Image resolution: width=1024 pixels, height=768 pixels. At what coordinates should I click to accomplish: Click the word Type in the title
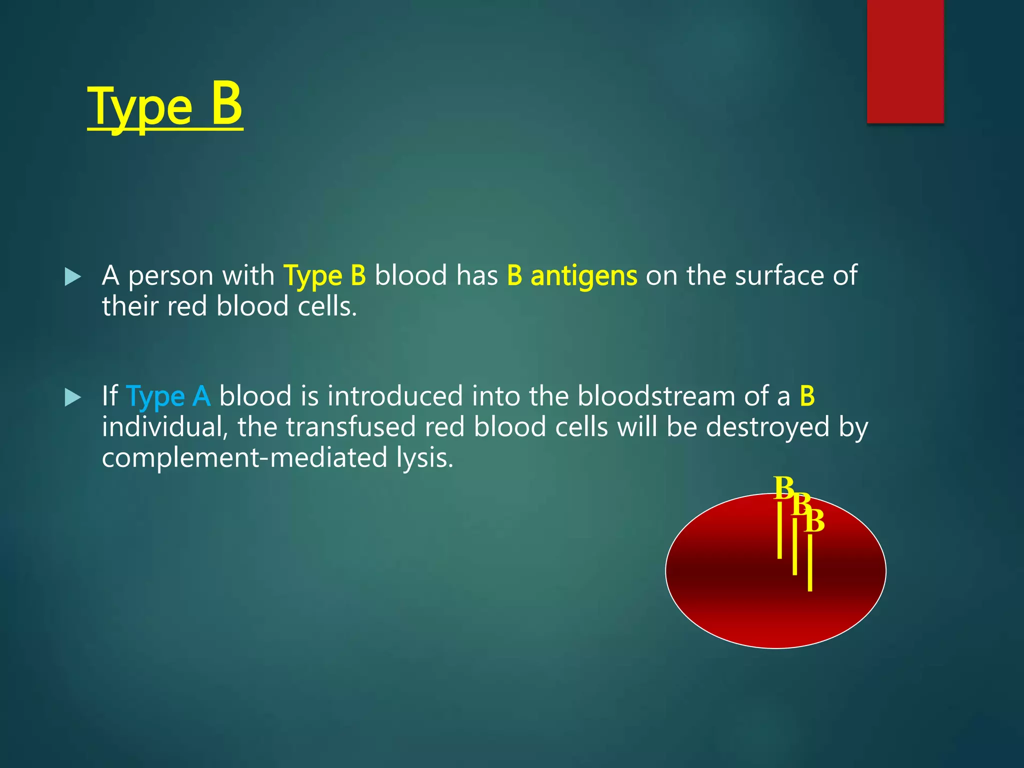(x=139, y=107)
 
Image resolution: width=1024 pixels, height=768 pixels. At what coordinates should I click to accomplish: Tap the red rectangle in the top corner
(x=905, y=61)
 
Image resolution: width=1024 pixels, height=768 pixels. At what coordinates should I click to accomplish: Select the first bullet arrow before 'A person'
(x=73, y=277)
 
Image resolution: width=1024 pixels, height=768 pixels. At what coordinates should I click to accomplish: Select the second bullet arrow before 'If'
(x=73, y=398)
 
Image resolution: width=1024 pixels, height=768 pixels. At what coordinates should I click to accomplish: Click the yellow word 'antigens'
(x=583, y=276)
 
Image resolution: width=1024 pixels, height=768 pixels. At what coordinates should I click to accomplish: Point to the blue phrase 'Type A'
(x=168, y=396)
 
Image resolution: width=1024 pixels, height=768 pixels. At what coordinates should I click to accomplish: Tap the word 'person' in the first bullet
(x=170, y=276)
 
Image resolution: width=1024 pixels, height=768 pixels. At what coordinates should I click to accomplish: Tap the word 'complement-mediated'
(x=244, y=458)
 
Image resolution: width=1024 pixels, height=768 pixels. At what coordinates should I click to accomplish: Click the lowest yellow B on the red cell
(x=814, y=521)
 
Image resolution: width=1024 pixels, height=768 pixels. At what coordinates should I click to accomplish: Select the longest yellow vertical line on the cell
(x=810, y=562)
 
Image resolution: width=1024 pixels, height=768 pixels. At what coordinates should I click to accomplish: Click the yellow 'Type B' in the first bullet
(x=324, y=276)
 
